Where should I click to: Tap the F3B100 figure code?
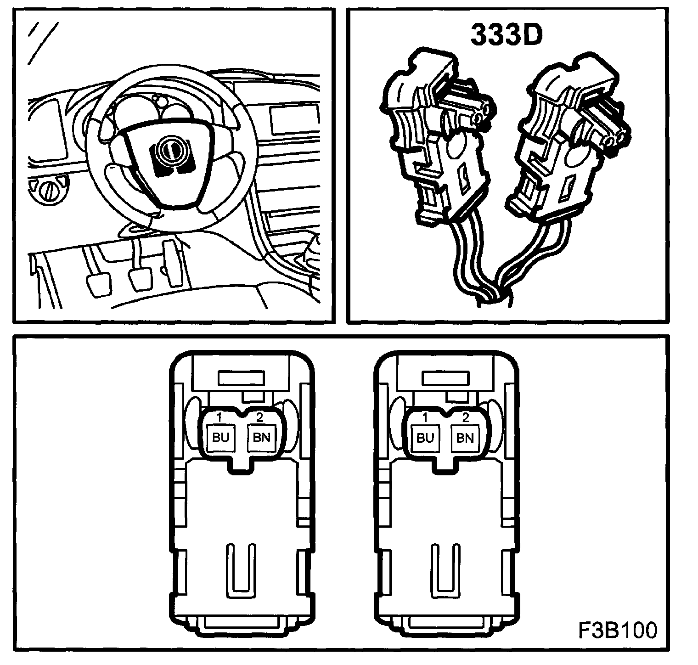point(617,631)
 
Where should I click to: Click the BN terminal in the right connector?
point(465,437)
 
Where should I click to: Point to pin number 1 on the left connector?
point(220,417)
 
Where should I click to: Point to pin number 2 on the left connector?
point(259,417)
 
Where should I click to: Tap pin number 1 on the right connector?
point(425,417)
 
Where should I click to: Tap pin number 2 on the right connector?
point(465,417)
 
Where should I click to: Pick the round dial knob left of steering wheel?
point(47,191)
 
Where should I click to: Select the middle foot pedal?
point(140,278)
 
